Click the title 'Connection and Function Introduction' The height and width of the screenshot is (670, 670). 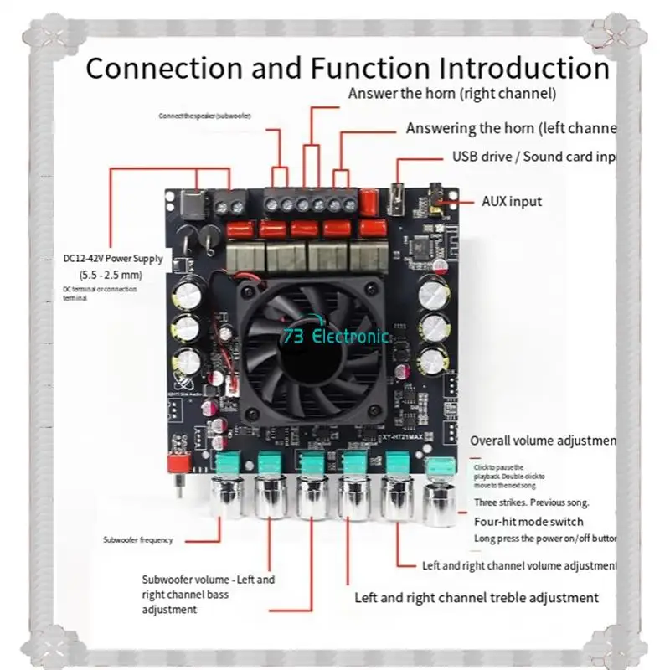[x=347, y=67]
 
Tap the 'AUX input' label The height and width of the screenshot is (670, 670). [x=512, y=201]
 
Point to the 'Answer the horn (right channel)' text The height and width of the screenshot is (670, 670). [x=452, y=93]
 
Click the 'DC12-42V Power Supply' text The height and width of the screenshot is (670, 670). [x=113, y=258]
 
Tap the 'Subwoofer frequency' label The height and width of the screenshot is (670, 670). [x=138, y=540]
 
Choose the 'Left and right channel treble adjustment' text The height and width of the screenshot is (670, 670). [x=477, y=597]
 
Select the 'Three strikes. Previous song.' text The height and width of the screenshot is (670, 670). [x=532, y=502]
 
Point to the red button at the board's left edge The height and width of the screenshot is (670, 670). [x=177, y=463]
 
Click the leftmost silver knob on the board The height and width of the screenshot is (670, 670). [x=229, y=494]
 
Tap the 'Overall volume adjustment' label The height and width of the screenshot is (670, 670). [x=543, y=441]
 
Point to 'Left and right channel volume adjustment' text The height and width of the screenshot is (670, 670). [x=519, y=566]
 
